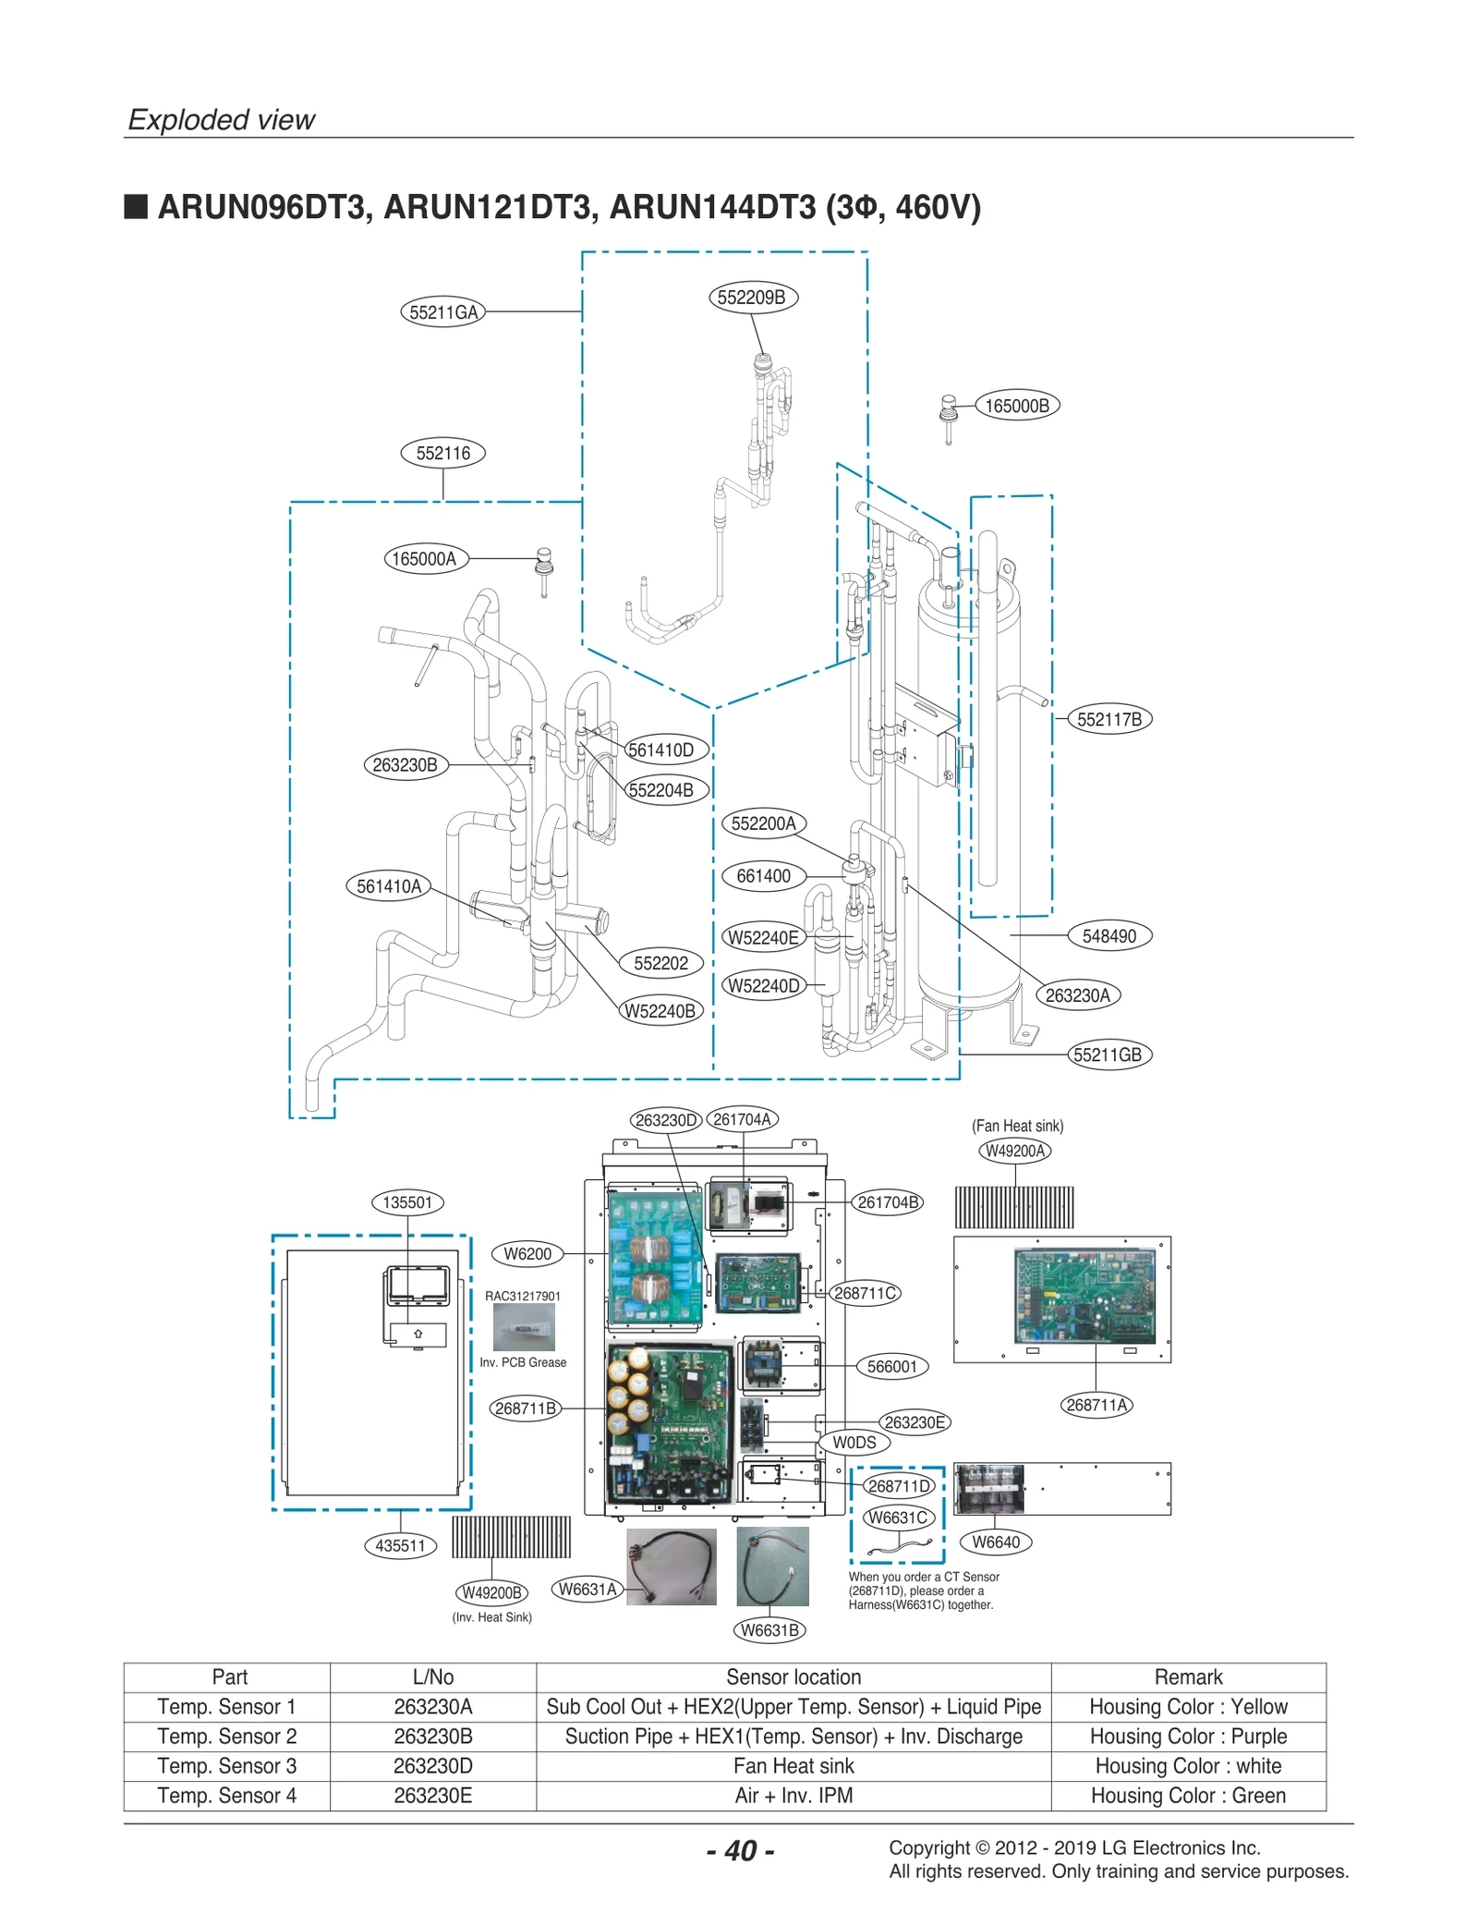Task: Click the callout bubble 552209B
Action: pyautogui.click(x=751, y=298)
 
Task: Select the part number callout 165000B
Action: pyautogui.click(x=1016, y=406)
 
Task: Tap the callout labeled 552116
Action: pyautogui.click(x=443, y=454)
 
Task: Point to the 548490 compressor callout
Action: pyautogui.click(x=1108, y=936)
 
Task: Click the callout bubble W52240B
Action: pyautogui.click(x=660, y=1011)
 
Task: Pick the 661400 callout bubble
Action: pyautogui.click(x=763, y=876)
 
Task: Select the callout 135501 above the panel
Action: pyautogui.click(x=407, y=1202)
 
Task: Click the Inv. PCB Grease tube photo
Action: pyautogui.click(x=523, y=1331)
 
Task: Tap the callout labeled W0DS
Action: pyautogui.click(x=854, y=1443)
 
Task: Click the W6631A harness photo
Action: pyautogui.click(x=672, y=1566)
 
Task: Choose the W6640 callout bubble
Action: pyautogui.click(x=996, y=1542)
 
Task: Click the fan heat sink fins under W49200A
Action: pyautogui.click(x=1013, y=1207)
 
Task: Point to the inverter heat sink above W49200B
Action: pyautogui.click(x=511, y=1536)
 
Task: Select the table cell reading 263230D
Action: pyautogui.click(x=432, y=1765)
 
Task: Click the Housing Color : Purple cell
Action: pyautogui.click(x=1188, y=1736)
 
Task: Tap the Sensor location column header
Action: pyautogui.click(x=793, y=1676)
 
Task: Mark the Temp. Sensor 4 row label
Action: pyautogui.click(x=226, y=1795)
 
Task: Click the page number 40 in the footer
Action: pyautogui.click(x=740, y=1850)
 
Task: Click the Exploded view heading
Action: pyautogui.click(x=222, y=120)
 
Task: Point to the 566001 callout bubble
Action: pyautogui.click(x=891, y=1367)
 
